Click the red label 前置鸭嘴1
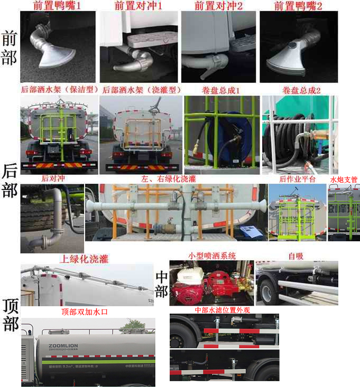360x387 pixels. click(x=57, y=6)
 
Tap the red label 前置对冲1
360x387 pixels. click(x=139, y=6)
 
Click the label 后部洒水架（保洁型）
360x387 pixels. click(x=58, y=90)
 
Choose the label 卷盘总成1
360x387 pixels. click(x=220, y=90)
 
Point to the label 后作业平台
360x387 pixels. click(x=297, y=180)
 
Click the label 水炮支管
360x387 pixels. click(x=344, y=180)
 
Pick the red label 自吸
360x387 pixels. click(x=296, y=256)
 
